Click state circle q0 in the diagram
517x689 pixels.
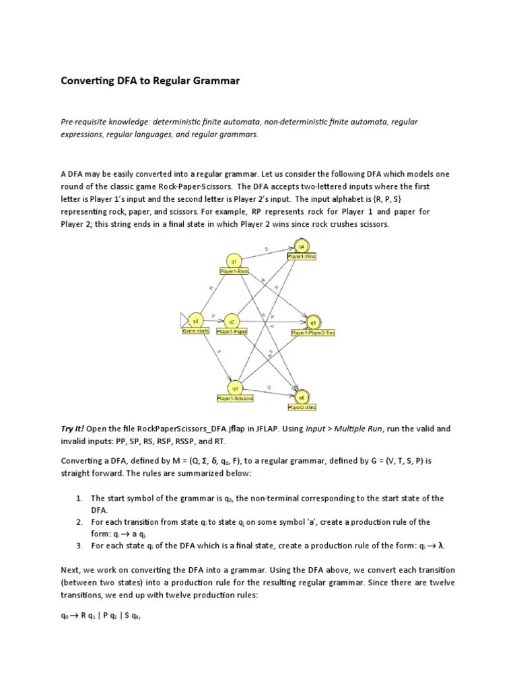[x=196, y=320]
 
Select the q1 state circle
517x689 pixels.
[x=234, y=260]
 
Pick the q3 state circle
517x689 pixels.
[x=235, y=388]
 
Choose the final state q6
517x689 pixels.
[x=302, y=397]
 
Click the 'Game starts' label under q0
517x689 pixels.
[x=196, y=331]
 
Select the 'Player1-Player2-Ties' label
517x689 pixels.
[x=313, y=332]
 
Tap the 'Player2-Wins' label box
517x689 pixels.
[x=302, y=407]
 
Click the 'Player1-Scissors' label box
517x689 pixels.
[x=235, y=398]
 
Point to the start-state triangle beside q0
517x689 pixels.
[x=184, y=320]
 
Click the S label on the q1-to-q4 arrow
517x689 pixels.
[x=266, y=248]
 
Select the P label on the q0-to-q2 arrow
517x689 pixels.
[x=213, y=316]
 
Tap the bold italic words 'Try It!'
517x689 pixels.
[x=73, y=428]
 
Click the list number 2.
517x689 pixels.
[x=79, y=522]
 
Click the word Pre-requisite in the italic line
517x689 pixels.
[x=83, y=122]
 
